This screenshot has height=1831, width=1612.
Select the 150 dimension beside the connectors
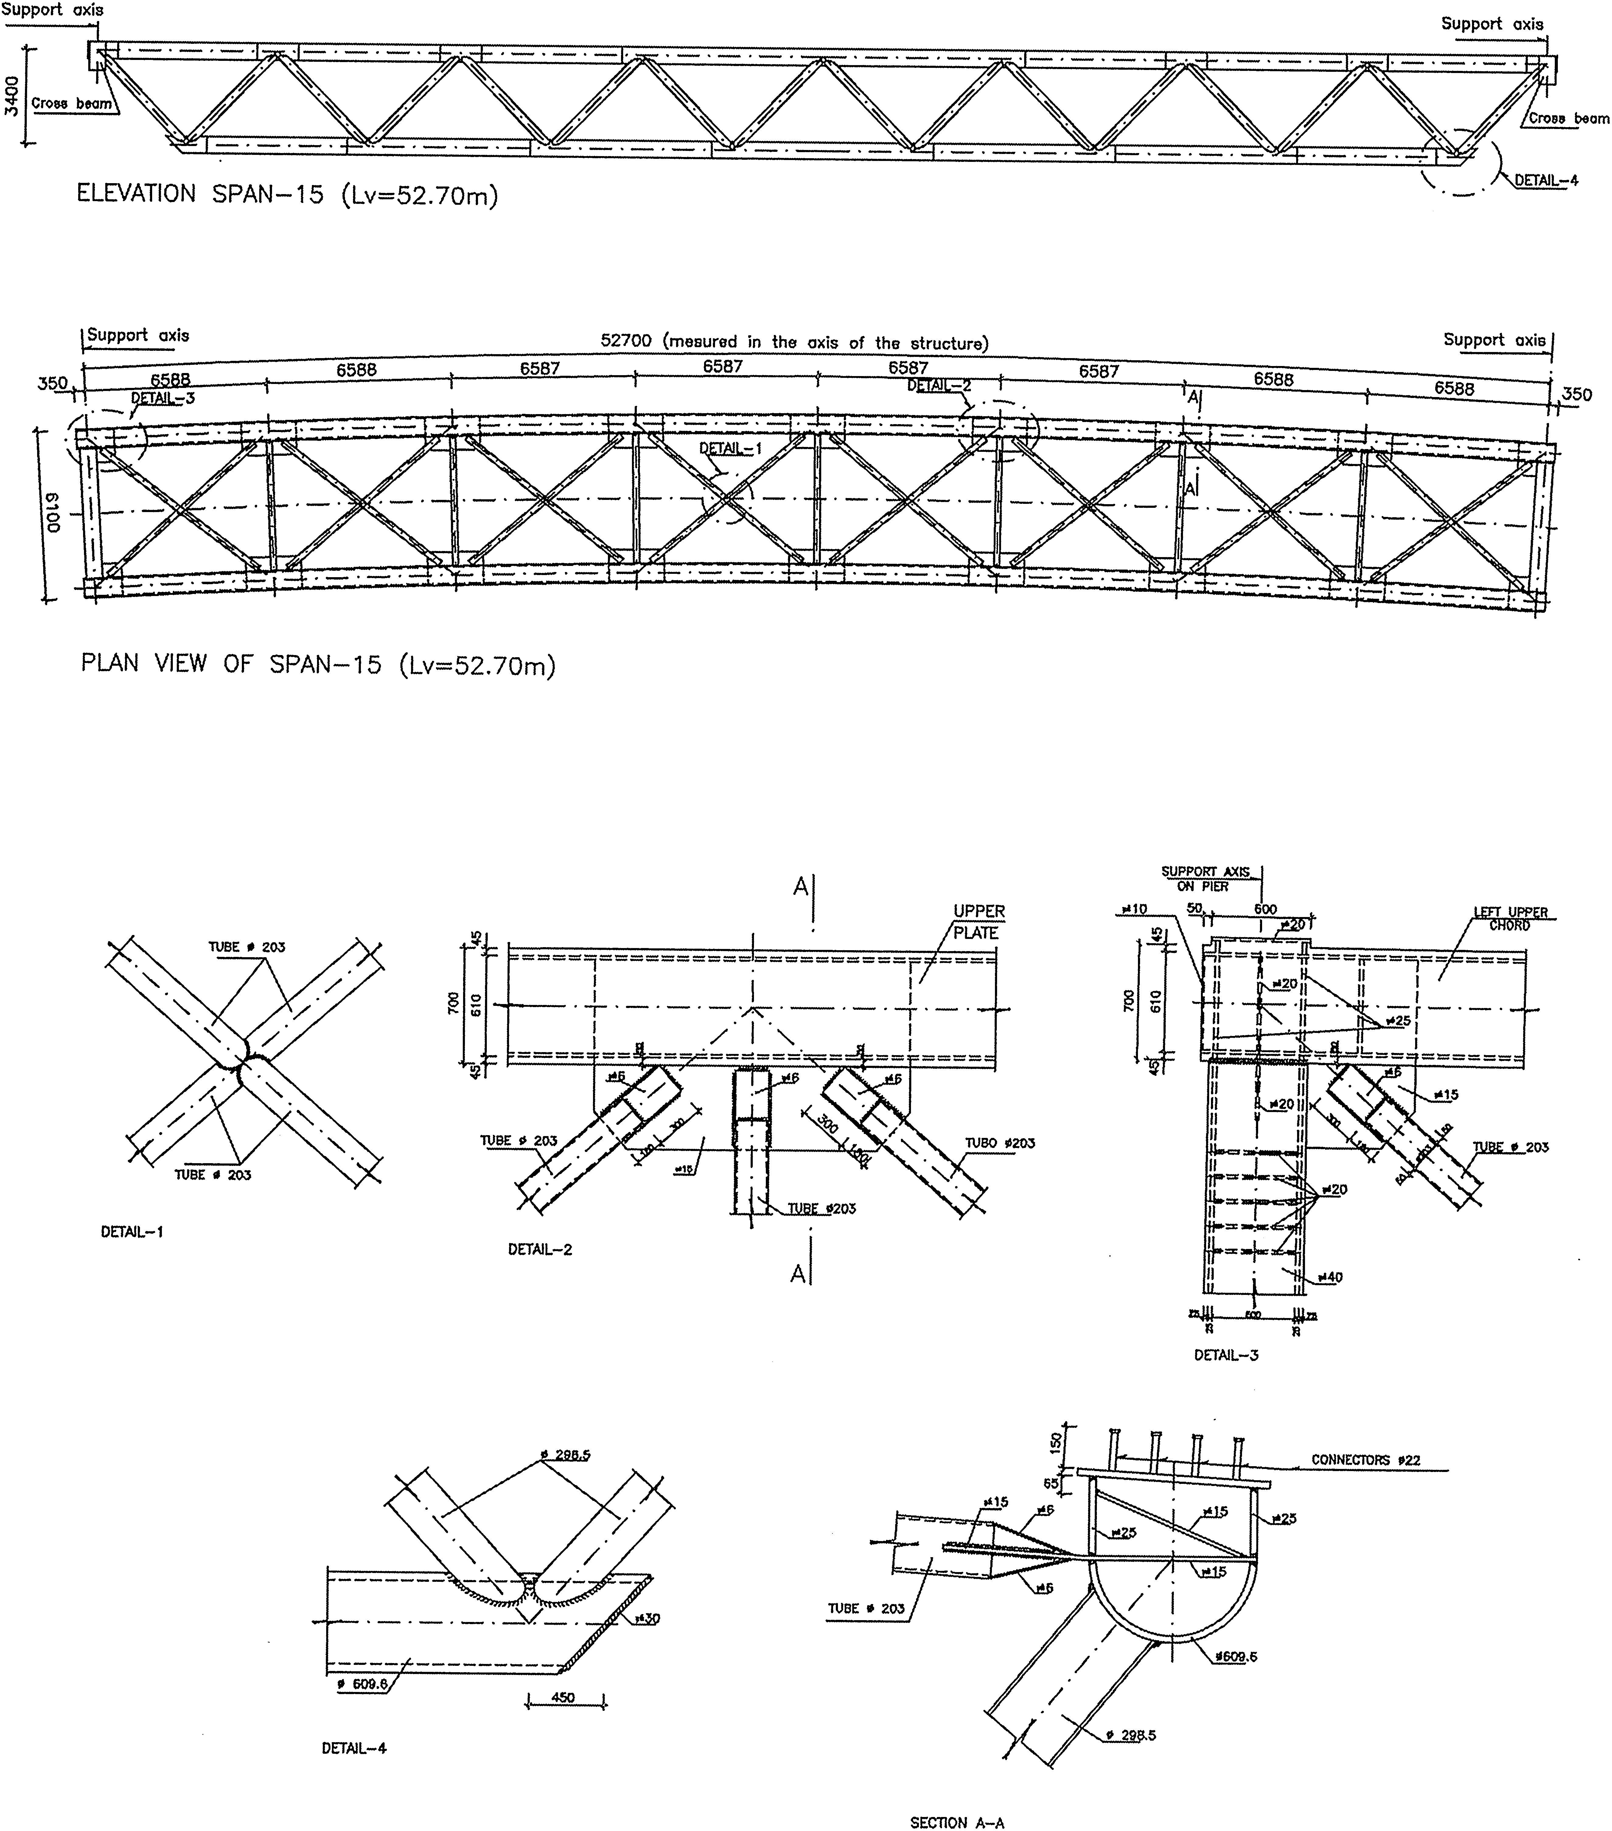point(1055,1441)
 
